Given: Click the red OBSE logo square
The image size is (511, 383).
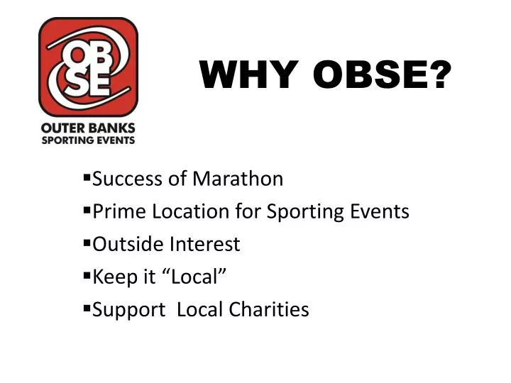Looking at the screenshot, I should (88, 67).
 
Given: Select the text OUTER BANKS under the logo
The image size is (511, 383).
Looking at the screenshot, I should (88, 128).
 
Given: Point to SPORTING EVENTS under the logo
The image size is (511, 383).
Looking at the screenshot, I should (88, 140).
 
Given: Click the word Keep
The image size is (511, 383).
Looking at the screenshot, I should (112, 277).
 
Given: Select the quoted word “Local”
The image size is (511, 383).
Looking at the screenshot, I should (188, 277).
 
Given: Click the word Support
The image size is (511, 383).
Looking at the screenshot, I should (128, 310).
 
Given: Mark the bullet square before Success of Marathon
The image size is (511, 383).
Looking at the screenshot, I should (87, 177).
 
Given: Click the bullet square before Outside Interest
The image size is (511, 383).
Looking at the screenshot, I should (87, 243).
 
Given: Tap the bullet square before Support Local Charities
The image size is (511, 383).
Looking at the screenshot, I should (87, 308).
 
